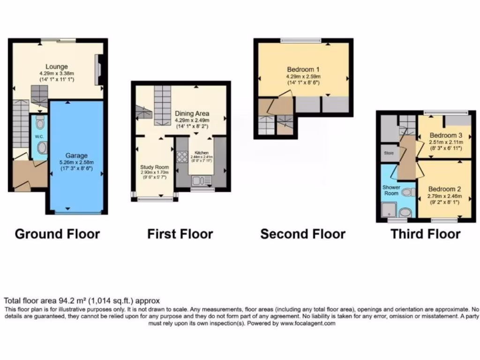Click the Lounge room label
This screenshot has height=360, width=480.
(57, 67)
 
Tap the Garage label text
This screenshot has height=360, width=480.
(76, 156)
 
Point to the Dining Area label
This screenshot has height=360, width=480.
(192, 113)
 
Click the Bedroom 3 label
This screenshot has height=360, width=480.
(446, 135)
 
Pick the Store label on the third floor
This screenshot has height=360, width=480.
(389, 153)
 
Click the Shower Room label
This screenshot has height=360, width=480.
(391, 190)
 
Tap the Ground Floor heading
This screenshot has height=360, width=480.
(57, 233)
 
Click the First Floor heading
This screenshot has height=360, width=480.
(180, 233)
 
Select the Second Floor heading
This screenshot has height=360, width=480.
(303, 233)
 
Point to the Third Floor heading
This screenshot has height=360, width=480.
(426, 233)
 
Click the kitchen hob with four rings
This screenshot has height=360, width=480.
(182, 157)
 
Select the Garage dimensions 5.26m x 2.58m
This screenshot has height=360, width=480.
(76, 162)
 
